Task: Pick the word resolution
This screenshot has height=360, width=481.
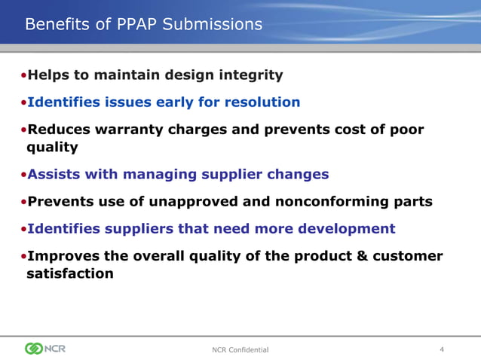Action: point(264,102)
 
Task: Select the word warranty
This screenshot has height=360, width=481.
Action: point(128,130)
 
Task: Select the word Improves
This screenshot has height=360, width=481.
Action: point(63,256)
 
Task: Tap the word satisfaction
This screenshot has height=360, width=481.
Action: point(65,273)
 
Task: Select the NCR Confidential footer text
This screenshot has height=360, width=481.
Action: point(241,349)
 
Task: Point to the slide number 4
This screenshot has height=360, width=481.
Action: point(442,349)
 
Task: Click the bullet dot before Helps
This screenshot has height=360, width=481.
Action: point(24,76)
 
